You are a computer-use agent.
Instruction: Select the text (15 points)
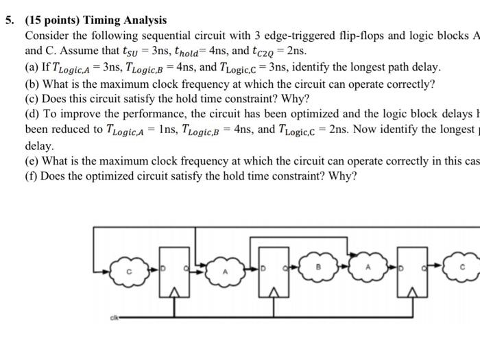(x=52, y=21)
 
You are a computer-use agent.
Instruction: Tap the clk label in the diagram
(x=112, y=318)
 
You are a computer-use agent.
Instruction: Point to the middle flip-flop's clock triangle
(x=274, y=293)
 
